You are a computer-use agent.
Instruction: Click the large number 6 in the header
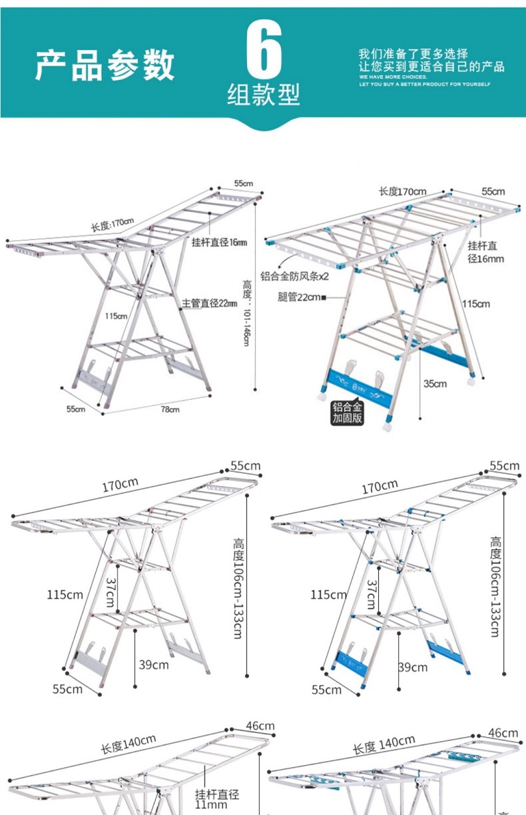click(x=264, y=51)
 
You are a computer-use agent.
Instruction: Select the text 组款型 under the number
click(x=264, y=95)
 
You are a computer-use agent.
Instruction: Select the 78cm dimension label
click(x=171, y=409)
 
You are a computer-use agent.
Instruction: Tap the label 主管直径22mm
click(x=210, y=303)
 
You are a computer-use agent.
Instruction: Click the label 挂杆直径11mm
click(x=216, y=800)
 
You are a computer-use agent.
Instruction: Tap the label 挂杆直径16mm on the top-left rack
click(x=218, y=242)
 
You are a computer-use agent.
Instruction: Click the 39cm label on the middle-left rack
click(x=154, y=664)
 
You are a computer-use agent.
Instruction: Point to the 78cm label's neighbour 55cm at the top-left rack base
click(x=75, y=408)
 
